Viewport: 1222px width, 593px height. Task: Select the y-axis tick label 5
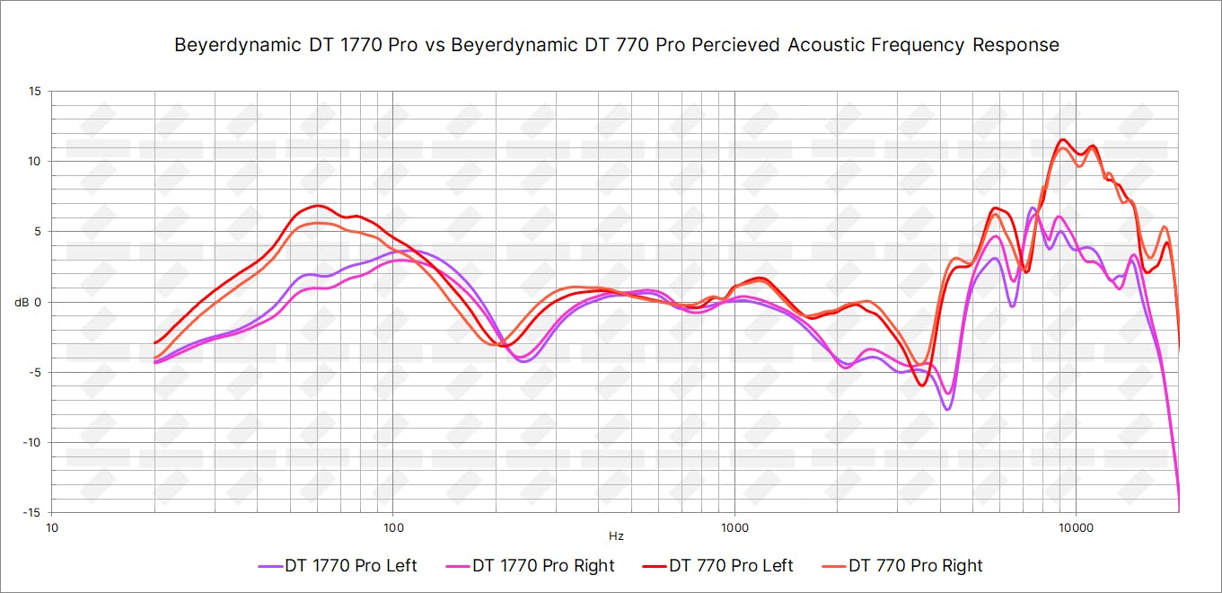pyautogui.click(x=38, y=231)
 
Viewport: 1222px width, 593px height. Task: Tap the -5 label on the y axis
pyautogui.click(x=35, y=372)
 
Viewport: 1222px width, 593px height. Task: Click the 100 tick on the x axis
pyautogui.click(x=392, y=527)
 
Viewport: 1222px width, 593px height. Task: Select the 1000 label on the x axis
pyautogui.click(x=734, y=527)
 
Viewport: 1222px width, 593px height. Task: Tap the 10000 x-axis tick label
pyautogui.click(x=1076, y=527)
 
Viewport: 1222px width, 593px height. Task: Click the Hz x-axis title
pyautogui.click(x=615, y=536)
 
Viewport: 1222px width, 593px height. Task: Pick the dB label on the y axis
pyautogui.click(x=22, y=302)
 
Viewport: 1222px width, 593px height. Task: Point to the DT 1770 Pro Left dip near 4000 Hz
pyautogui.click(x=946, y=409)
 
